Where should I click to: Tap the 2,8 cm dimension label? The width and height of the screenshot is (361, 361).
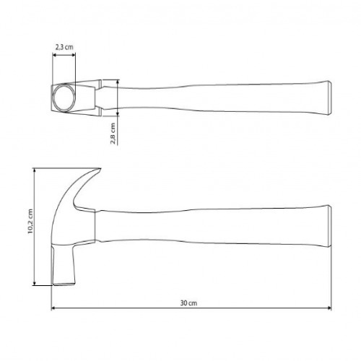(x=113, y=133)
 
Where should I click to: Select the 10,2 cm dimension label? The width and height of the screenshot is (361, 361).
(x=30, y=223)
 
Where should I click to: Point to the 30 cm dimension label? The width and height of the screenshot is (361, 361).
(x=188, y=304)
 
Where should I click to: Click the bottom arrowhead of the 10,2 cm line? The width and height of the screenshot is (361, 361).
(x=35, y=283)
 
